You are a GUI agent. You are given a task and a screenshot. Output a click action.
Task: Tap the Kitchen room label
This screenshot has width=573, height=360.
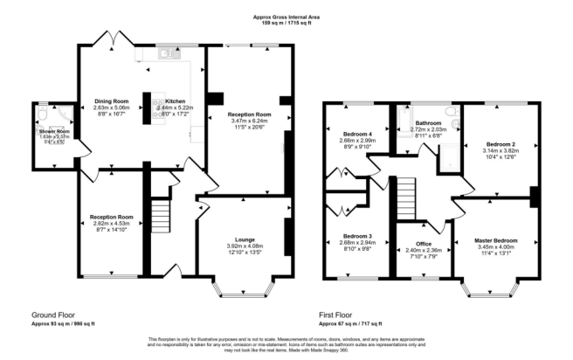point(170,101)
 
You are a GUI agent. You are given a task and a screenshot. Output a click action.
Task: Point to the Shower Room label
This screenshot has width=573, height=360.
point(52,131)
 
